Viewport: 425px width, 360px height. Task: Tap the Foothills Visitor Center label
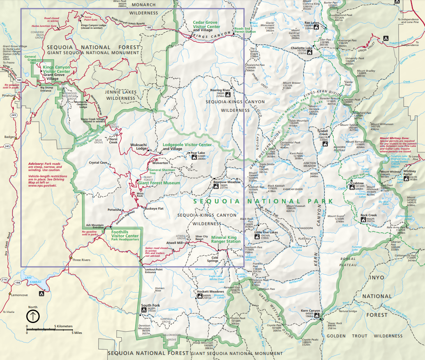coord(125,234)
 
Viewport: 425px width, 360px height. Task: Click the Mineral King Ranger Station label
coord(226,239)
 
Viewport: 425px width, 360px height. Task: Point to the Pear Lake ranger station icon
coord(194,157)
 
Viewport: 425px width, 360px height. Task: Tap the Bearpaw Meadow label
coord(227,182)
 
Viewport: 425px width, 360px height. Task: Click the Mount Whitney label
coord(390,172)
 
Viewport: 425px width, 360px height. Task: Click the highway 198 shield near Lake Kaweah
coord(18,282)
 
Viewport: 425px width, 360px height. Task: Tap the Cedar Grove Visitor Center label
coord(207,25)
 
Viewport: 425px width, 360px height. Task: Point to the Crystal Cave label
coord(98,162)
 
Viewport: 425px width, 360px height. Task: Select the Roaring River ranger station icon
coord(228,94)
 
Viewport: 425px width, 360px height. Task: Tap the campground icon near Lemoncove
coord(40,293)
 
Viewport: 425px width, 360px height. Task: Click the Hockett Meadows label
coord(210,291)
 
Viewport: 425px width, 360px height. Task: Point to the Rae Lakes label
coord(312,23)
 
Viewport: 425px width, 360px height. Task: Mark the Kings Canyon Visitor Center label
coord(57,69)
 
